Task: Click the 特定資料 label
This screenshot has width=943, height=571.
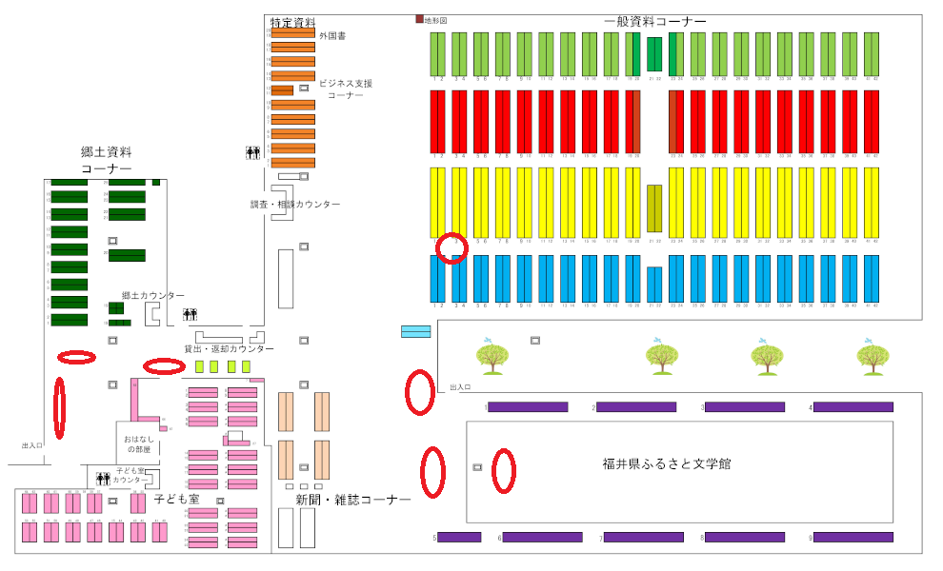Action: click(x=292, y=22)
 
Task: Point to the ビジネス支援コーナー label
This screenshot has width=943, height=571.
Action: click(x=345, y=89)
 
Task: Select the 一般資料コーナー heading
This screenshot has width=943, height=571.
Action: click(x=654, y=21)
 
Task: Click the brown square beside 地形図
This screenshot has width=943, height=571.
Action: click(x=419, y=19)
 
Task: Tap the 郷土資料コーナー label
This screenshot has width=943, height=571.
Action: click(x=106, y=160)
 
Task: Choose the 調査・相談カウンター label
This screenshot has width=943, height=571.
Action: click(x=294, y=205)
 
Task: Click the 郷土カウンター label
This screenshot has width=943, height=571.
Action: click(x=152, y=296)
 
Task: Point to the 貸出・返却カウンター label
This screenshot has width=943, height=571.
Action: click(x=229, y=349)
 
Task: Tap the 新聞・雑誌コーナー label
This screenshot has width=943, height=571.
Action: click(x=352, y=500)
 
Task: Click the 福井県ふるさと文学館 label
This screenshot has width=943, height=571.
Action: click(x=666, y=464)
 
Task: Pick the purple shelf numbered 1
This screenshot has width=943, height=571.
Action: click(x=528, y=407)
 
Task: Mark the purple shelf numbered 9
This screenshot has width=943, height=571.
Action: click(x=853, y=538)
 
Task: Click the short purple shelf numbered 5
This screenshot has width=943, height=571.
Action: click(x=459, y=538)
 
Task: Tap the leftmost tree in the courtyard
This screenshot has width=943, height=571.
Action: click(x=491, y=356)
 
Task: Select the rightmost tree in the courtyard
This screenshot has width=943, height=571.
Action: click(x=872, y=356)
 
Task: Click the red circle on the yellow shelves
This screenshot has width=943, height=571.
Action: click(x=452, y=247)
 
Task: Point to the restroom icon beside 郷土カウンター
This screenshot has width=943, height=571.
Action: click(x=191, y=314)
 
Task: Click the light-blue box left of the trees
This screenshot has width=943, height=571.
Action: click(x=415, y=331)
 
